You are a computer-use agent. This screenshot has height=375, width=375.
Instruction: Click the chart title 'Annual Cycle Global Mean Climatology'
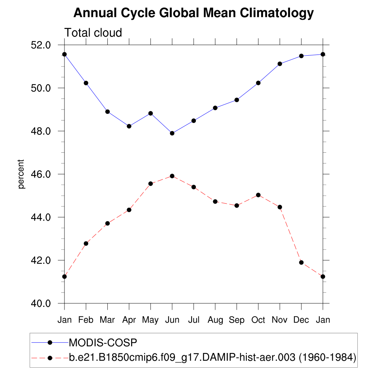coord(193,13)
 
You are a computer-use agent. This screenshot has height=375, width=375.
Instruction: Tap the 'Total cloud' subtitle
coord(93,33)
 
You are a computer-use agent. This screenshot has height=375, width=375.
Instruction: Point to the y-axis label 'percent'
coord(21,174)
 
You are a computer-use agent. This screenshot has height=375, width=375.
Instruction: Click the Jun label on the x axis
coord(172,320)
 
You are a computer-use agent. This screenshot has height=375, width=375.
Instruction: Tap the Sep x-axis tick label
coord(237,320)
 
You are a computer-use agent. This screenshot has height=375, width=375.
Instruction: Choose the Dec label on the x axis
coord(301,320)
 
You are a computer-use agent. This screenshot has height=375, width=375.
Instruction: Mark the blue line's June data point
coord(172,133)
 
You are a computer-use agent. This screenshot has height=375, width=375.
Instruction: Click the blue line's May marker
coord(151,114)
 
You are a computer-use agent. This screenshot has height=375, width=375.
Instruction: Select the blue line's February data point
coord(86,83)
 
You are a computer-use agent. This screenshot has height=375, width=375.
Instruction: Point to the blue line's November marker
coord(280,64)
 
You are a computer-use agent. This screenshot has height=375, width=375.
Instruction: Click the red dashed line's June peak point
coord(172,176)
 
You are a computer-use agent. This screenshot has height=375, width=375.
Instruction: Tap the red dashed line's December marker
coord(301,263)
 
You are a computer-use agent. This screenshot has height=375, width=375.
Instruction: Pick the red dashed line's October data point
coord(258,195)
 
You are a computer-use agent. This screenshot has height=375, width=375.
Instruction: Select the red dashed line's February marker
coord(86,244)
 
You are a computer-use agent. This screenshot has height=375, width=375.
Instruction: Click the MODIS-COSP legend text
coord(103,343)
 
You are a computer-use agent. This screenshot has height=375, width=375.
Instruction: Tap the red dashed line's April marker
coord(129,210)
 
